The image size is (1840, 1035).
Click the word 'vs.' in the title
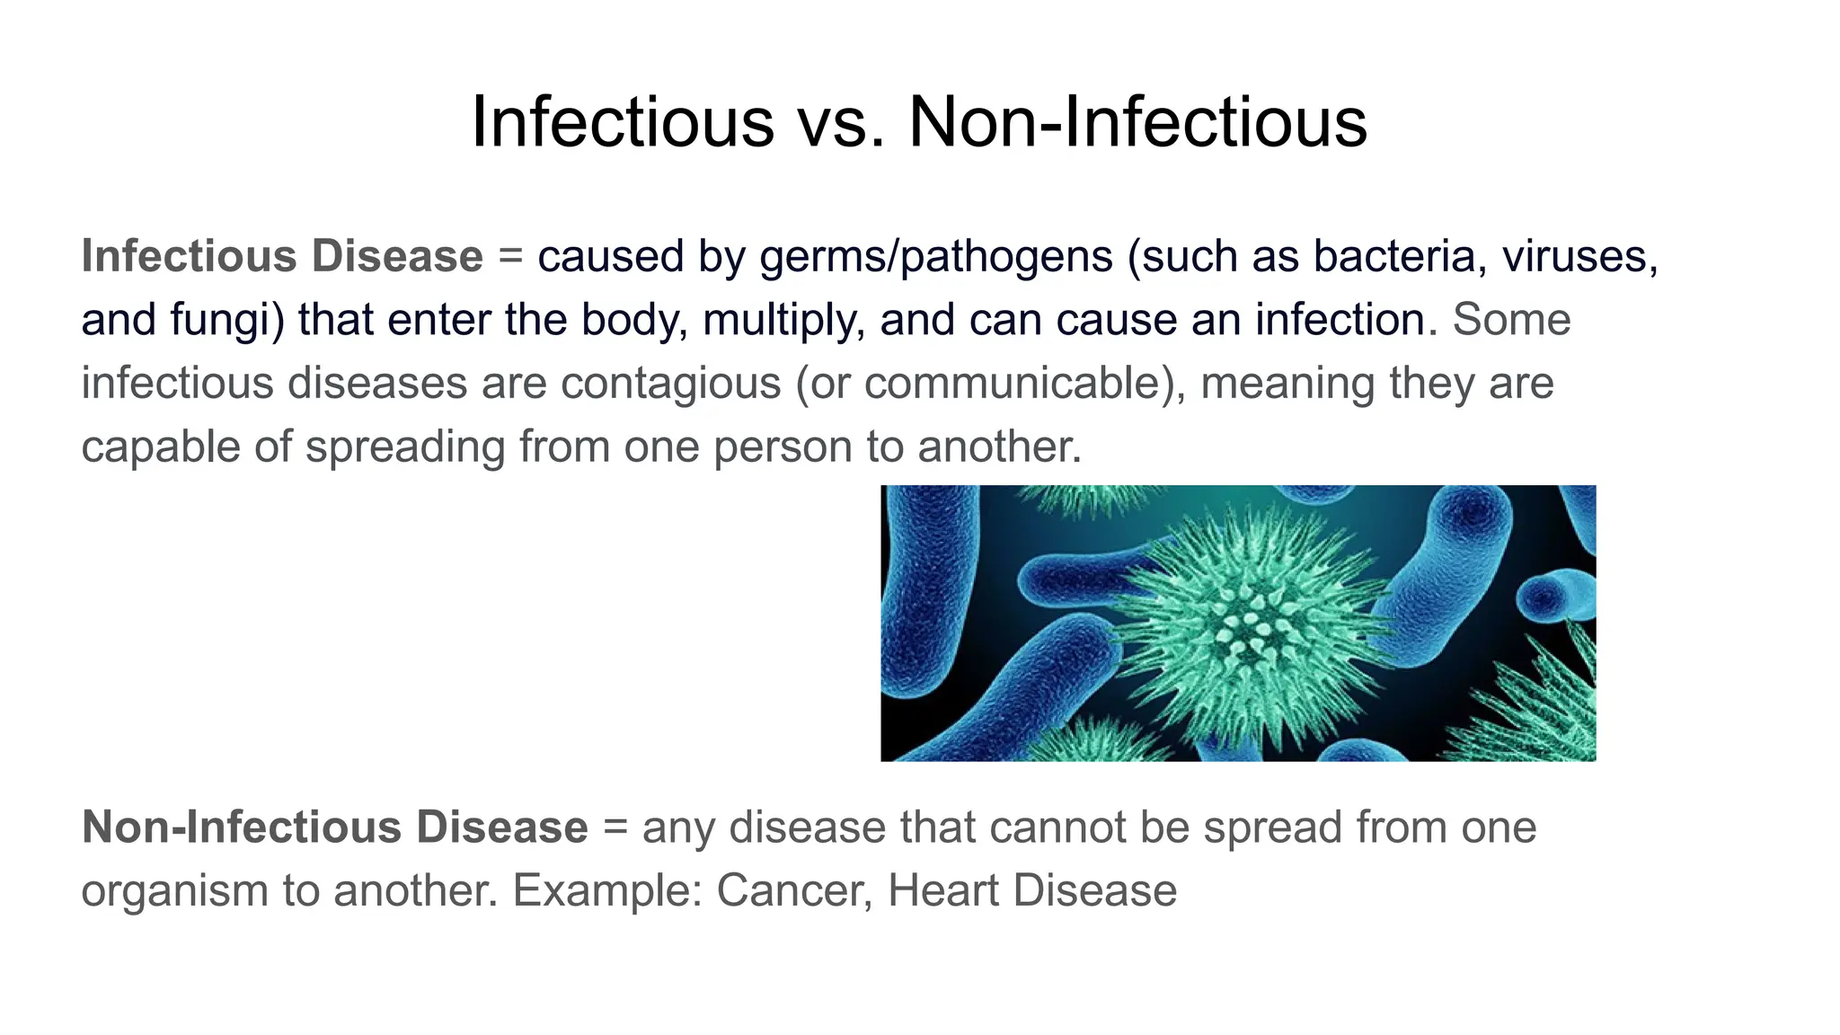[842, 122]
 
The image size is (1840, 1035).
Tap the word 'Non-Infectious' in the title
[1137, 122]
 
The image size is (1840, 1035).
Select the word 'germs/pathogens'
[936, 257]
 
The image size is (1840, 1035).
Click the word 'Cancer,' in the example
[794, 891]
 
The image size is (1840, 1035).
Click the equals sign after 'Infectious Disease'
[510, 257]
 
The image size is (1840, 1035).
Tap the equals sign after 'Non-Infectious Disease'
[615, 827]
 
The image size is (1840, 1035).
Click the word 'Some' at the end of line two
[1511, 321]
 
